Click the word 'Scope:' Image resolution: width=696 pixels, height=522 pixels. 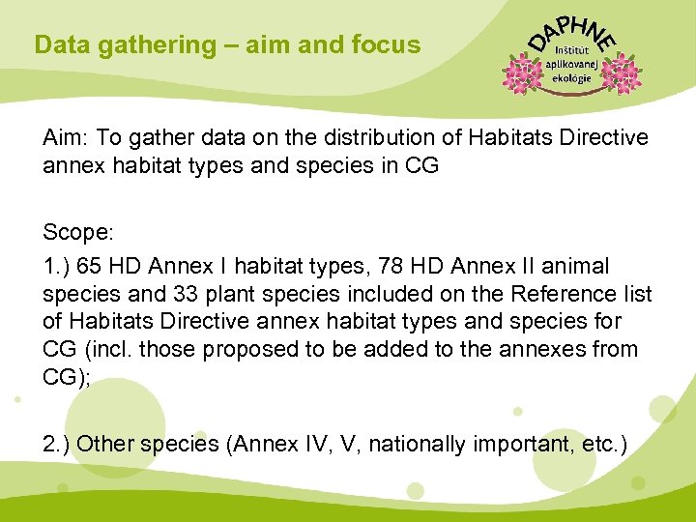click(x=78, y=233)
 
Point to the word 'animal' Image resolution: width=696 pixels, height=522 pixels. click(x=577, y=265)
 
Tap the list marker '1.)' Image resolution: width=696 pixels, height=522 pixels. click(x=56, y=265)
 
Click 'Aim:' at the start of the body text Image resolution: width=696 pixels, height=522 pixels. click(x=65, y=137)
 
